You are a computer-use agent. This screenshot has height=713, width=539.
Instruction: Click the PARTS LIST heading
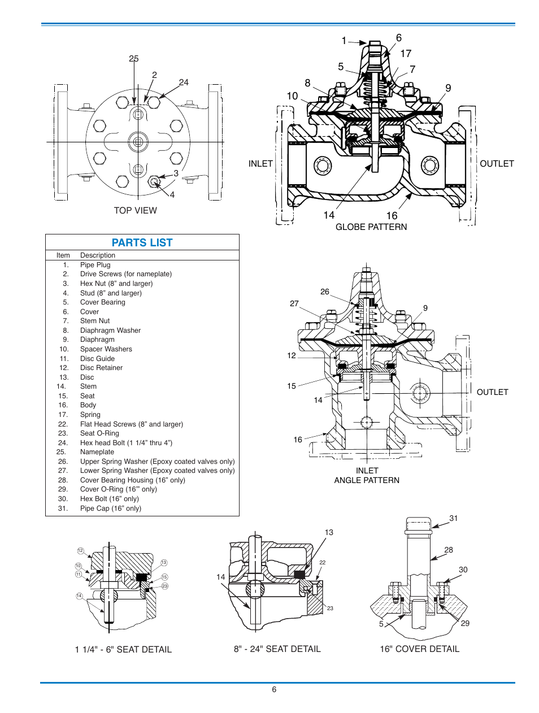point(142,243)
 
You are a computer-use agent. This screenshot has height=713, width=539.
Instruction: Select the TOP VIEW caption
point(135,211)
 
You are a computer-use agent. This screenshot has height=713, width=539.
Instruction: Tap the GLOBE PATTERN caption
point(371,227)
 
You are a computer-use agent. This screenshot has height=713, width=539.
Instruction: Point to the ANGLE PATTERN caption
point(367,480)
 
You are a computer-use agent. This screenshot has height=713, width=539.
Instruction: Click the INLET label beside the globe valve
point(260,164)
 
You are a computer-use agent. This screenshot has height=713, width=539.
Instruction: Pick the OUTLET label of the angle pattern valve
point(492,392)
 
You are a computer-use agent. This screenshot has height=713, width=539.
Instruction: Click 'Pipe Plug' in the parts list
point(95,265)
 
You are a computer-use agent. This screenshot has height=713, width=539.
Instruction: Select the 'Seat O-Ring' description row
point(99,433)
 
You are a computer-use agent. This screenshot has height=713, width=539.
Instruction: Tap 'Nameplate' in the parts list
point(97,452)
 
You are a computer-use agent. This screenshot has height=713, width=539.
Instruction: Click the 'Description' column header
point(98,255)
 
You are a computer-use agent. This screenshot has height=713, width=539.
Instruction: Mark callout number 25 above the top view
point(133,59)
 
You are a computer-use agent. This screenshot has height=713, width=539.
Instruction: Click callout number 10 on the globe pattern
point(292,96)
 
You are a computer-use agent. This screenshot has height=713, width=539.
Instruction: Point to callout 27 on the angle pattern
point(294,303)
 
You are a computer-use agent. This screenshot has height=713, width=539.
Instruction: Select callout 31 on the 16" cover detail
point(454,518)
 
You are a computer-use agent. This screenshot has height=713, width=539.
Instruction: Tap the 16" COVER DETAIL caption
point(419,649)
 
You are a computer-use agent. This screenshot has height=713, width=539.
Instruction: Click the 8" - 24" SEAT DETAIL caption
point(277,649)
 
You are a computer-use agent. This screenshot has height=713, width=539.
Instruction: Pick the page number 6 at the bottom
point(274,690)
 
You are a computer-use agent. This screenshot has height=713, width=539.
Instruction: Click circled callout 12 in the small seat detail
point(80,551)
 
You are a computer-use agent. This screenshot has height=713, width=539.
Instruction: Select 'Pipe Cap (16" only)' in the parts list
point(111,508)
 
